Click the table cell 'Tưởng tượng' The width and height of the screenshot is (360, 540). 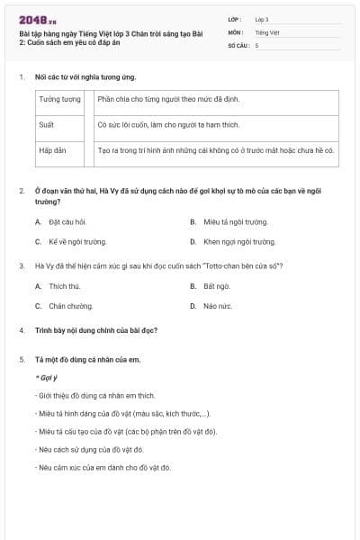click(x=60, y=100)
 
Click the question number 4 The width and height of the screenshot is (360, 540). click(x=22, y=330)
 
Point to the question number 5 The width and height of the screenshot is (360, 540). click(x=22, y=359)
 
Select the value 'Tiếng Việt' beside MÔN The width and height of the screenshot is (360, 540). click(x=267, y=31)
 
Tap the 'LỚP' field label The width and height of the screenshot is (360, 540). click(x=234, y=19)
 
